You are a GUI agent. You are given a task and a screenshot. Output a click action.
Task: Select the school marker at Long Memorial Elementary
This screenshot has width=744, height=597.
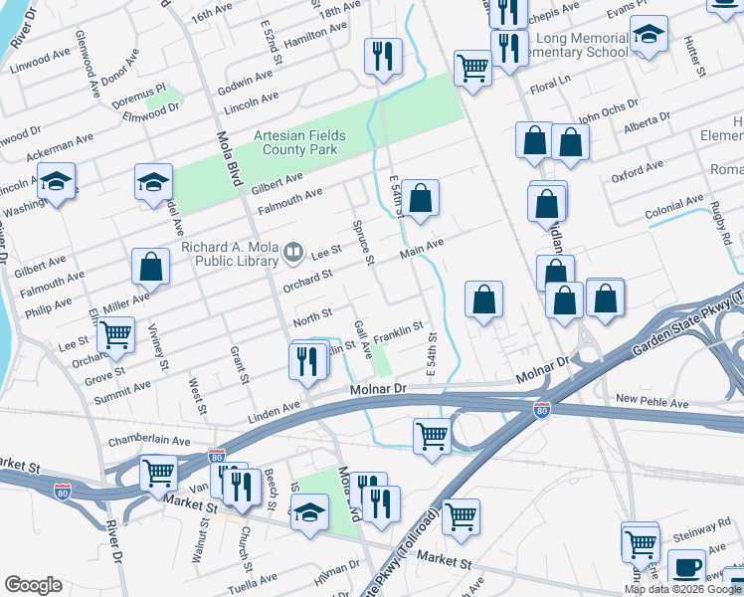coord(649,38)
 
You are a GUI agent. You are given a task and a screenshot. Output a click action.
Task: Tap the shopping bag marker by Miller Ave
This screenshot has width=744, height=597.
coord(150,266)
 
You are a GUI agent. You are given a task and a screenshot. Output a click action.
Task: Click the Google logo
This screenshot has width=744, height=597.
coord(33,584)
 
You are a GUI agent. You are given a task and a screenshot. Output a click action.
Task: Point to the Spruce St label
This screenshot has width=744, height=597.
coord(361,242)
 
